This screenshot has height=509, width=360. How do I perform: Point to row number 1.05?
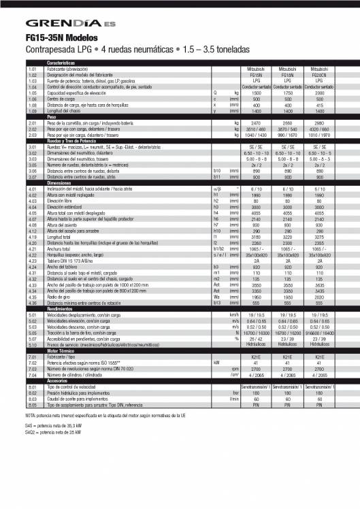[32, 92]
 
